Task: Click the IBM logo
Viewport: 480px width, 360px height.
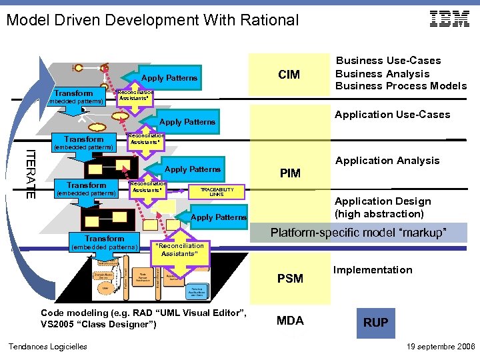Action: (x=449, y=19)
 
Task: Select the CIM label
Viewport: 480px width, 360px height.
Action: (x=289, y=74)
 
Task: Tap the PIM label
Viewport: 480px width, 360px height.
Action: (x=290, y=173)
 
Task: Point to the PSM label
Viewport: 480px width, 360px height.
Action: (x=290, y=278)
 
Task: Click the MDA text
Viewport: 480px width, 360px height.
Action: (x=290, y=321)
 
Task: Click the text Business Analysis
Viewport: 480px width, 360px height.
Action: (x=382, y=73)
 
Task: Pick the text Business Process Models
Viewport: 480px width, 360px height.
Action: (x=401, y=86)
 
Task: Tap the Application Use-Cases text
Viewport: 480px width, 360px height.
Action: (x=392, y=115)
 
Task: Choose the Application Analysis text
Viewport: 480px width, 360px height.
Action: (x=387, y=161)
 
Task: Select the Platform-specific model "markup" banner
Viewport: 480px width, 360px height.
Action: (x=358, y=233)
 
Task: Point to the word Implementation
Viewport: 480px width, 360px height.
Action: (x=373, y=270)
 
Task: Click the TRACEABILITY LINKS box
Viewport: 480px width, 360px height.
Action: (x=217, y=192)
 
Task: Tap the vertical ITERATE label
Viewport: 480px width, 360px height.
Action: (x=31, y=174)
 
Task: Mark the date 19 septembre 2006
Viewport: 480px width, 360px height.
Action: (x=440, y=347)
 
